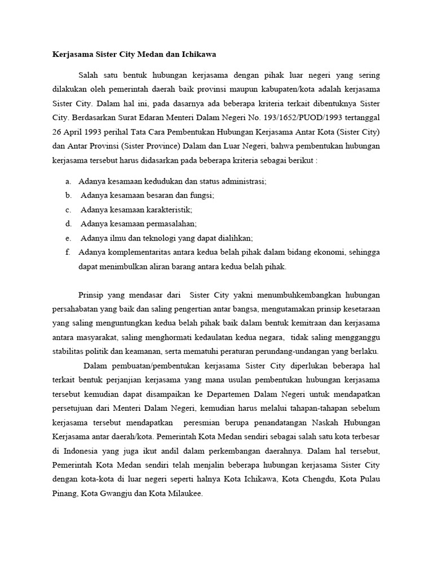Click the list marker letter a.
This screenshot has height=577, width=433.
[68, 181]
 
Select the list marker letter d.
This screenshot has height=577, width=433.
[68, 224]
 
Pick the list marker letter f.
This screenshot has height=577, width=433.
[68, 252]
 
